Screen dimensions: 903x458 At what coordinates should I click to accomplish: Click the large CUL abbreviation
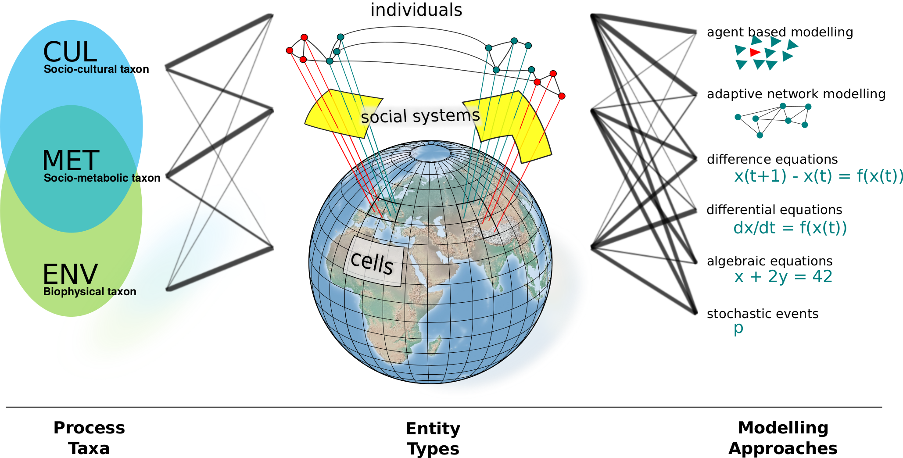click(70, 52)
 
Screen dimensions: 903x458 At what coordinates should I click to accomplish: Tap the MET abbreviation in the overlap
click(71, 160)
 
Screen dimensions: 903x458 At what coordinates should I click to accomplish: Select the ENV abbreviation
click(70, 274)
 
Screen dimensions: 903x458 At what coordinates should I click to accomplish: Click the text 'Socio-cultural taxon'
click(97, 69)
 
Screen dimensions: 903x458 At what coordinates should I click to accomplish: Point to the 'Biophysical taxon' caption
click(90, 292)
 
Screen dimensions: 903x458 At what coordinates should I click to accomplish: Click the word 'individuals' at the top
click(416, 10)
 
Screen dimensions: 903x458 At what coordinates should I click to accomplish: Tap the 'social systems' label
click(420, 116)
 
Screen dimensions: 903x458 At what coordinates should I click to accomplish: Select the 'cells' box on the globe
click(373, 261)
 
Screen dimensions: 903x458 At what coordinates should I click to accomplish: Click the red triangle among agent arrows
click(755, 53)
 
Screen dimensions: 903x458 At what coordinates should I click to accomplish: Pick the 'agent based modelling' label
click(780, 32)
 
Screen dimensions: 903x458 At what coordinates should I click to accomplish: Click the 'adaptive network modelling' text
click(796, 94)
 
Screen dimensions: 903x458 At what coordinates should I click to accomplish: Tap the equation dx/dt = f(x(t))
click(790, 228)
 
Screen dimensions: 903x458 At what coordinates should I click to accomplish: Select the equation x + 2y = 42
click(783, 277)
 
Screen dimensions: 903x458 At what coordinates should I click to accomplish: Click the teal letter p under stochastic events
click(738, 328)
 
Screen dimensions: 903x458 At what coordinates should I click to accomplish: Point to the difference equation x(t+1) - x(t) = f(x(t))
click(819, 176)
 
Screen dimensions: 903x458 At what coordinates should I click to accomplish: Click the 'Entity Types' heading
click(433, 438)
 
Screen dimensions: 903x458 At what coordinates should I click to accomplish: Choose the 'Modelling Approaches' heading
click(783, 438)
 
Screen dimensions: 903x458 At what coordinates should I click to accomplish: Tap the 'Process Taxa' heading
click(89, 438)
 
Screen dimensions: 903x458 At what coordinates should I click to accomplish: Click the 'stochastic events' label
click(763, 314)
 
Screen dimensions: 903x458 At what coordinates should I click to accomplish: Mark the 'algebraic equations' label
click(770, 261)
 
